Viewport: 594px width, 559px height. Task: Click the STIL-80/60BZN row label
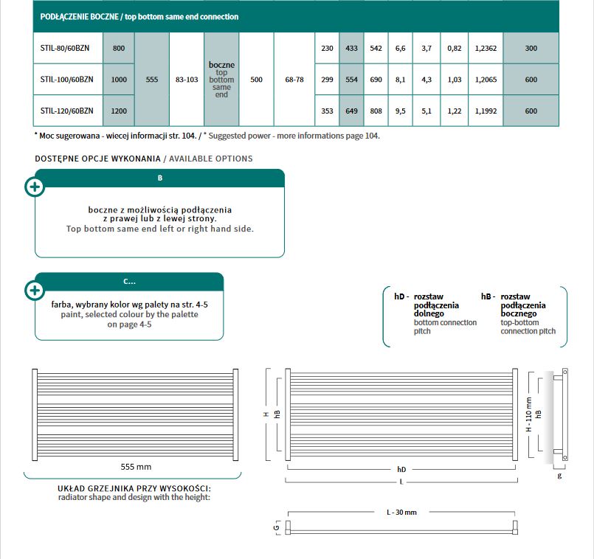[66, 48]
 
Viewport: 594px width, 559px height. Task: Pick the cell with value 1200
[119, 111]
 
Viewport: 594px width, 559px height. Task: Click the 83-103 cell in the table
[187, 79]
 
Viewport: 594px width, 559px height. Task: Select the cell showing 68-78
[294, 79]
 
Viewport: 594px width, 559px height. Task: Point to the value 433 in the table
[351, 48]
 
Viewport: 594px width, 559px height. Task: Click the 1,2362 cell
[486, 48]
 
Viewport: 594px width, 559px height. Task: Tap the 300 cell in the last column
[531, 48]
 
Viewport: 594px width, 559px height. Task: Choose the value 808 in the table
[376, 111]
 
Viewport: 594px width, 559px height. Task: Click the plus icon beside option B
[35, 187]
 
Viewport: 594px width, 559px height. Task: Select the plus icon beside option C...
[35, 290]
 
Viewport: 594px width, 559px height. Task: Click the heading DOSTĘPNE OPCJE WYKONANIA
[97, 159]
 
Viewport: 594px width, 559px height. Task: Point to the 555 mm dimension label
[136, 466]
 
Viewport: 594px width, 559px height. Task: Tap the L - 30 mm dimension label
[401, 513]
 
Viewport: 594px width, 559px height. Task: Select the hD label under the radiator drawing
[401, 469]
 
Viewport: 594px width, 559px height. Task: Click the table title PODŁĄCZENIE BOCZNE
[72, 16]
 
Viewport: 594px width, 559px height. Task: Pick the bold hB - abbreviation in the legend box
[488, 296]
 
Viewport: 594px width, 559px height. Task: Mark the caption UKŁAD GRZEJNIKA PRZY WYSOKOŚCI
[134, 488]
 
